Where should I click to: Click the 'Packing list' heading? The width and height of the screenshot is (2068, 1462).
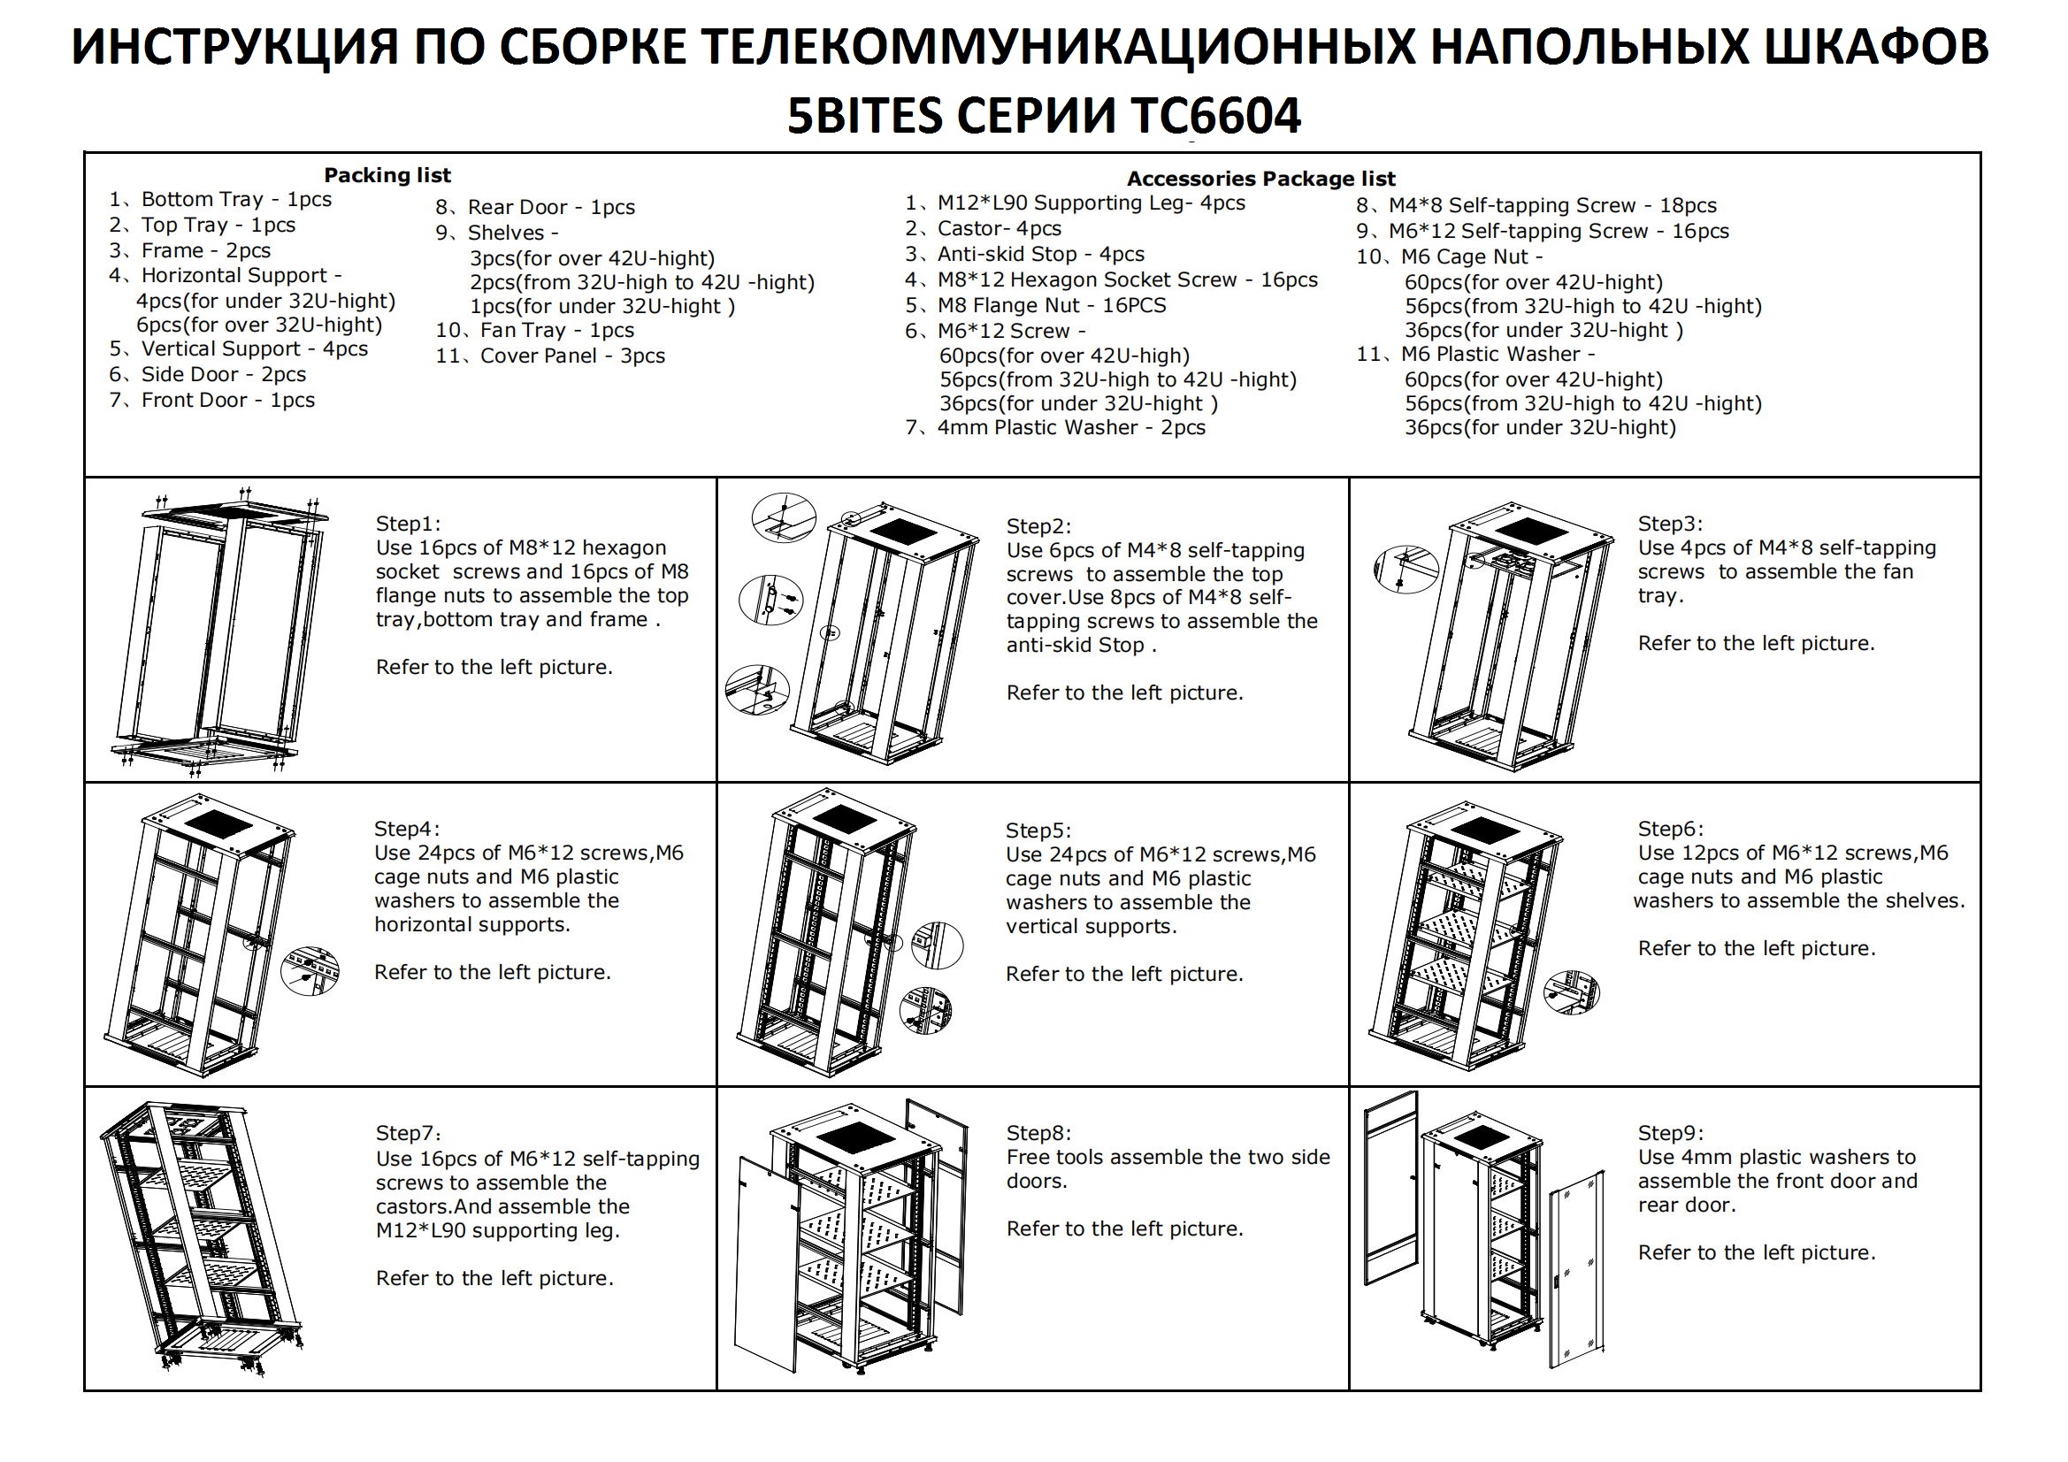(387, 175)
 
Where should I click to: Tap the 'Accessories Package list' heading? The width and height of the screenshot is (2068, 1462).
(1261, 179)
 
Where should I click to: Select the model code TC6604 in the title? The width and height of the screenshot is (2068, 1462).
(1215, 115)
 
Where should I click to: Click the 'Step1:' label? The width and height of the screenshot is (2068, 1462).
(408, 524)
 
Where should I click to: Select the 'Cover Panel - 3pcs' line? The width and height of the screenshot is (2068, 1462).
(550, 356)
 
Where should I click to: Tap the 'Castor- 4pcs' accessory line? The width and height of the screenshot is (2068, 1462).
(984, 229)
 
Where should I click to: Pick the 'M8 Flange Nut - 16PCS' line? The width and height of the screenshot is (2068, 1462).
(1036, 305)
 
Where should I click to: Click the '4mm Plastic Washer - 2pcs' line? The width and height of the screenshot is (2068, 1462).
(1055, 428)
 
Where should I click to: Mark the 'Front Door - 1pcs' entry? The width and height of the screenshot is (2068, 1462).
(211, 400)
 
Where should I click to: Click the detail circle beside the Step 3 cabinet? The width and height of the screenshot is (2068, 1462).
(1406, 570)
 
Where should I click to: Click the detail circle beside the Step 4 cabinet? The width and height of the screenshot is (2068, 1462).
(310, 971)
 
